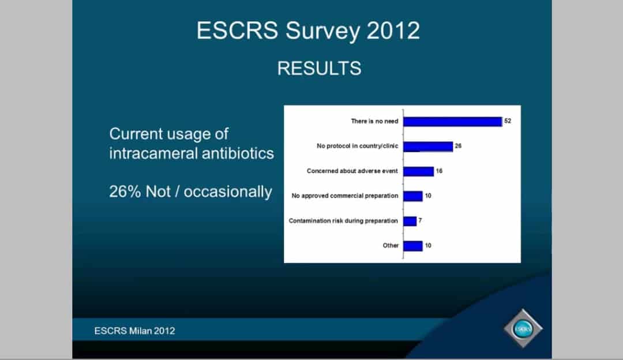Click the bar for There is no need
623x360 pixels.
tap(453, 122)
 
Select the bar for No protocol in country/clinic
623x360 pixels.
tap(428, 147)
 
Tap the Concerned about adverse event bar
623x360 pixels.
tap(418, 171)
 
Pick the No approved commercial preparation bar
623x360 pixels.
tap(413, 196)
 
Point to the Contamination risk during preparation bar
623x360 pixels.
tap(410, 221)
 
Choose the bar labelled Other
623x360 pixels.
tap(413, 246)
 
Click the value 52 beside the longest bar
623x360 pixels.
tap(508, 121)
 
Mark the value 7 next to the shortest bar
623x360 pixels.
tap(420, 220)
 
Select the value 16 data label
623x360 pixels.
tap(439, 171)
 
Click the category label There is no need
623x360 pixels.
tap(374, 121)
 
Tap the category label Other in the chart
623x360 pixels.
tap(391, 246)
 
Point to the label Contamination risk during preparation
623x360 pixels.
tap(343, 220)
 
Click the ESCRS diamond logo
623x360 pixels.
tap(523, 329)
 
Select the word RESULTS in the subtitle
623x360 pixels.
tap(320, 68)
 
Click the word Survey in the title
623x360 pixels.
tap(322, 31)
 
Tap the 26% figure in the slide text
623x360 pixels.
tap(125, 192)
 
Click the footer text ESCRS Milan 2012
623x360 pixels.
tap(134, 331)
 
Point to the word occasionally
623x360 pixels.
tap(228, 192)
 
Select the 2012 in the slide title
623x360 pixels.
tap(393, 31)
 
